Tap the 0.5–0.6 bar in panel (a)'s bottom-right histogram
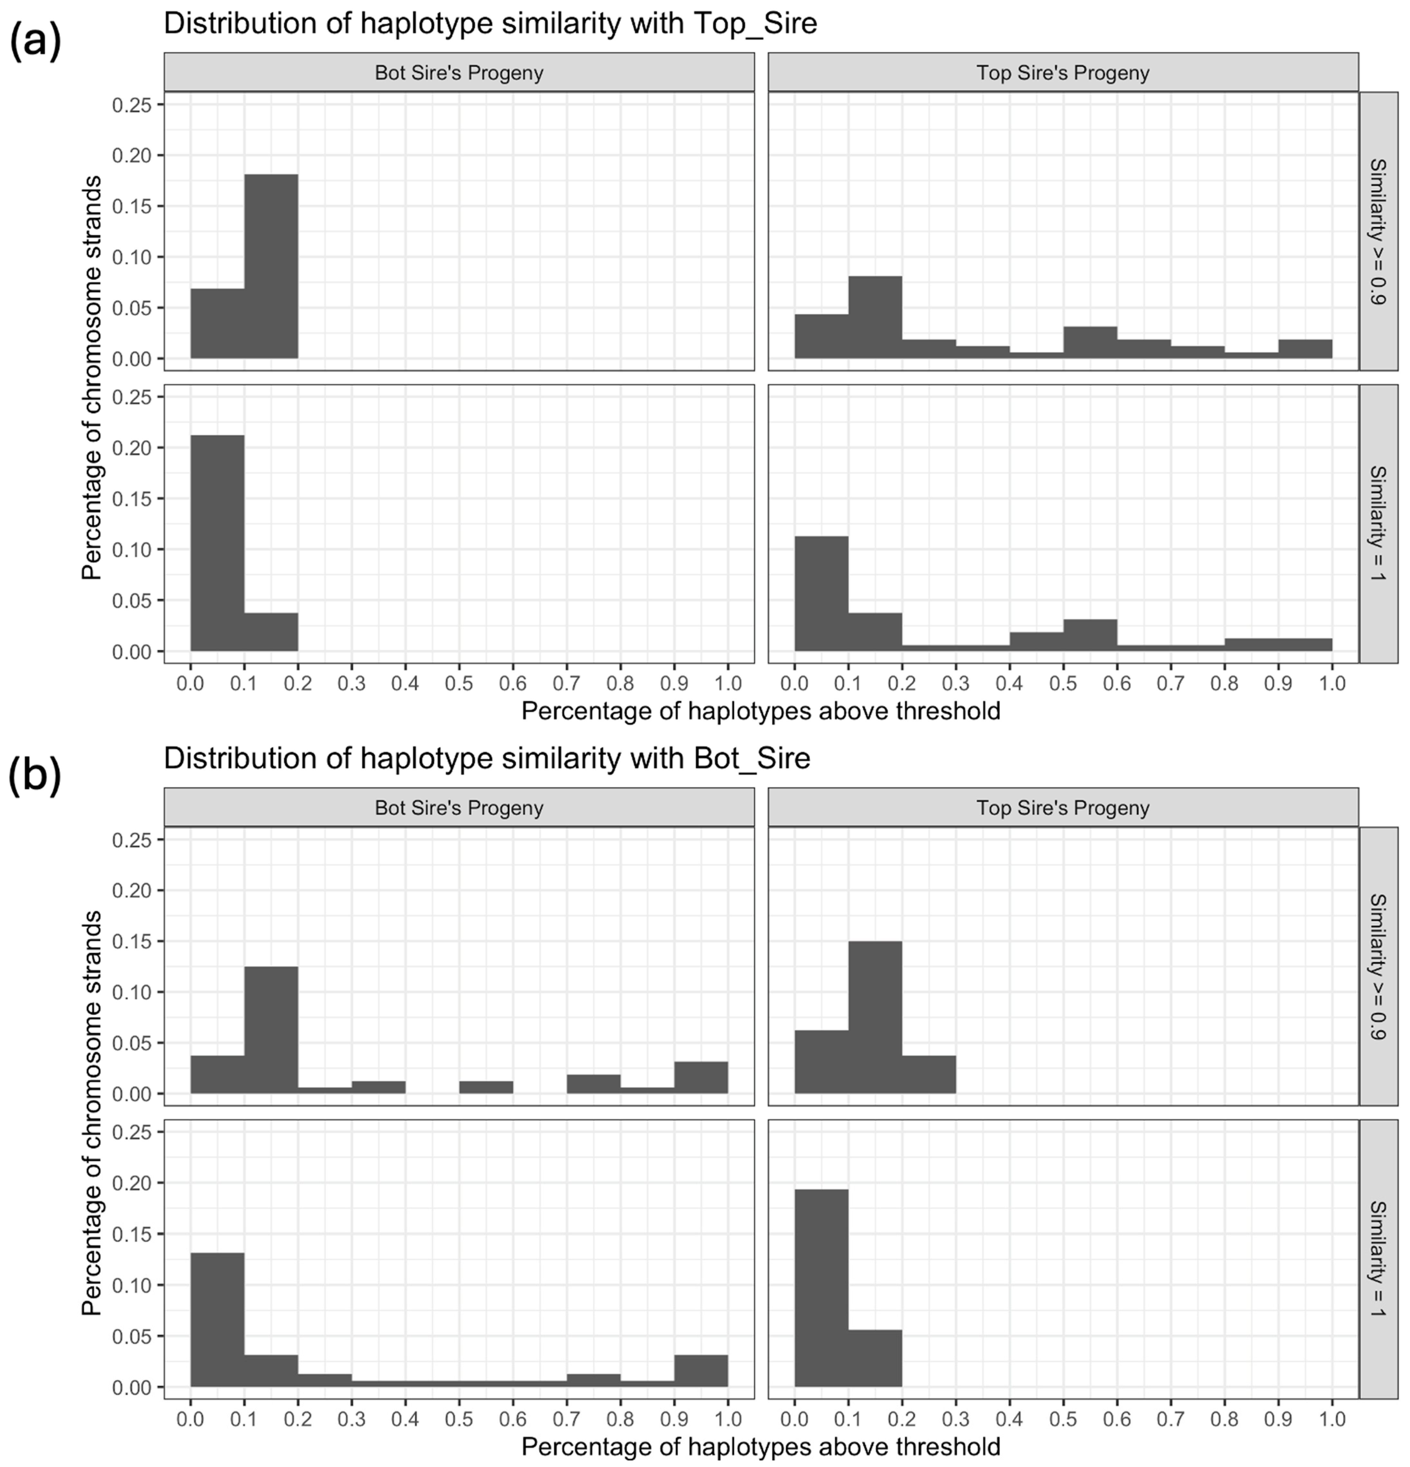1090,636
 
